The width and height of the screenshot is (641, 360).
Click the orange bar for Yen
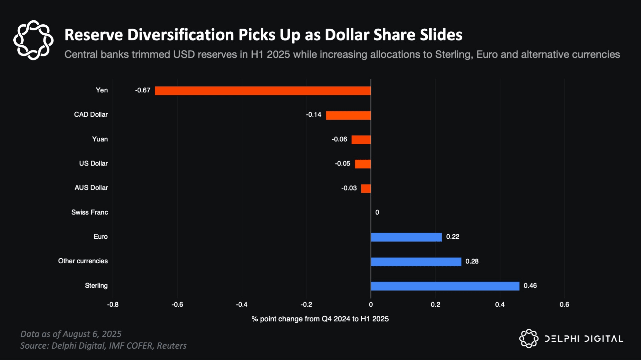[263, 91]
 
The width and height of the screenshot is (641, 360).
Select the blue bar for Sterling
[445, 286]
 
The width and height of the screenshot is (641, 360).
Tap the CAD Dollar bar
[348, 115]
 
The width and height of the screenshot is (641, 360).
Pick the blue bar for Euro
[406, 237]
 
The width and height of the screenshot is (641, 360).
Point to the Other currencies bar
[416, 262]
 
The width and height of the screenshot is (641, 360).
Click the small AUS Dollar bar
[366, 189]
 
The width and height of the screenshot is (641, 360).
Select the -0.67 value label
[143, 90]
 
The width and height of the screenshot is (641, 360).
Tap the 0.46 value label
[530, 286]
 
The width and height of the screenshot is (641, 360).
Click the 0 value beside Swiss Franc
[377, 213]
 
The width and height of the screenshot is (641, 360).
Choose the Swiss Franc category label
[89, 213]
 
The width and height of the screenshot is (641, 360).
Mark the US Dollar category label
[93, 163]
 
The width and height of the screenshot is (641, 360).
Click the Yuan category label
[100, 139]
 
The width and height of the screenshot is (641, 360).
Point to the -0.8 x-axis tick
[113, 305]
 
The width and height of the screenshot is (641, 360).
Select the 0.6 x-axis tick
[564, 305]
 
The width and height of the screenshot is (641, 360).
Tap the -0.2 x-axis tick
[306, 305]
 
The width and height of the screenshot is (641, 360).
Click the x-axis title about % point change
[320, 319]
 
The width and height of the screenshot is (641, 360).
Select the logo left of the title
[33, 40]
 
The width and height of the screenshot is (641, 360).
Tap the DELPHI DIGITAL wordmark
[584, 339]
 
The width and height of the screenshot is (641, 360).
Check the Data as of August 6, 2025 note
[71, 334]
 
